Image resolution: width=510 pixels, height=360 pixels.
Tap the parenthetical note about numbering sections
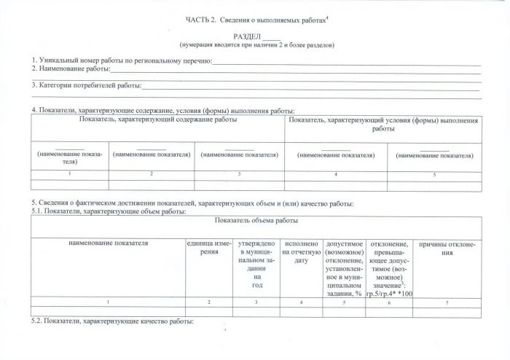(257, 44)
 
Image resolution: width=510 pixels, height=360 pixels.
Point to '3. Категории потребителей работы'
(86, 85)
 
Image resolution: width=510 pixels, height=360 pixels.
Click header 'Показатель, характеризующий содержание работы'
(157, 119)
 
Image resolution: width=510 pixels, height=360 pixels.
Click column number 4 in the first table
(335, 175)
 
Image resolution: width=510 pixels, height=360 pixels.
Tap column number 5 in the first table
(434, 175)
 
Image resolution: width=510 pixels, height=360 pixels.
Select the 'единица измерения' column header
(208, 247)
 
